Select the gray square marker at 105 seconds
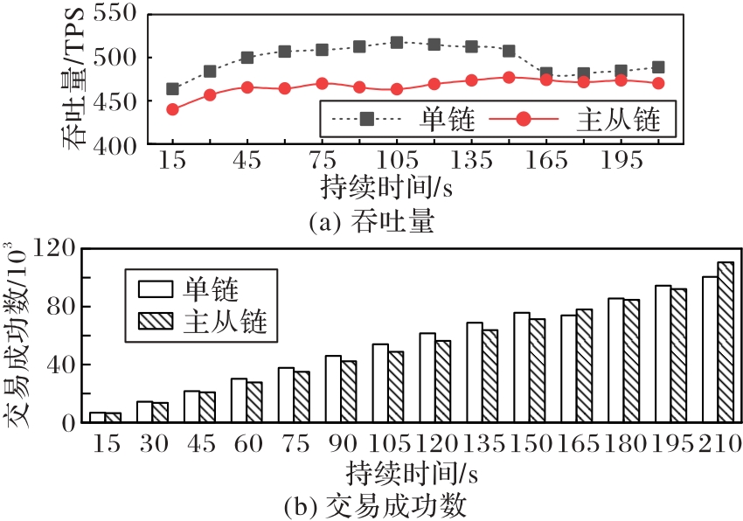click(x=397, y=42)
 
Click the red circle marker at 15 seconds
click(x=172, y=109)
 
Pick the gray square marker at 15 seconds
click(x=172, y=89)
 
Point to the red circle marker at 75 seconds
click(x=322, y=84)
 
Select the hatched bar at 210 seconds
click(x=726, y=342)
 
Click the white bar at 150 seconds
click(x=522, y=367)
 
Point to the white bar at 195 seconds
click(x=663, y=353)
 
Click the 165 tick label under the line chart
click(x=546, y=163)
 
